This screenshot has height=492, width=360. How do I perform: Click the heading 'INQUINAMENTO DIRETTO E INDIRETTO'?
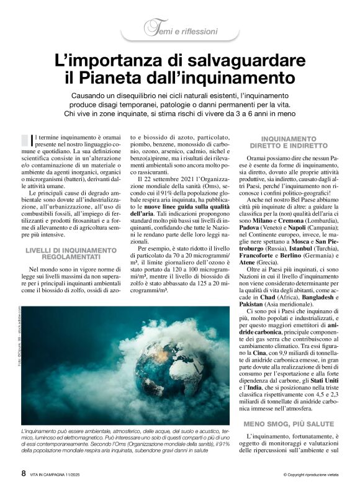(289, 143)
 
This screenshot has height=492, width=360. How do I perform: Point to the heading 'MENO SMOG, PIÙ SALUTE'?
(288, 423)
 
